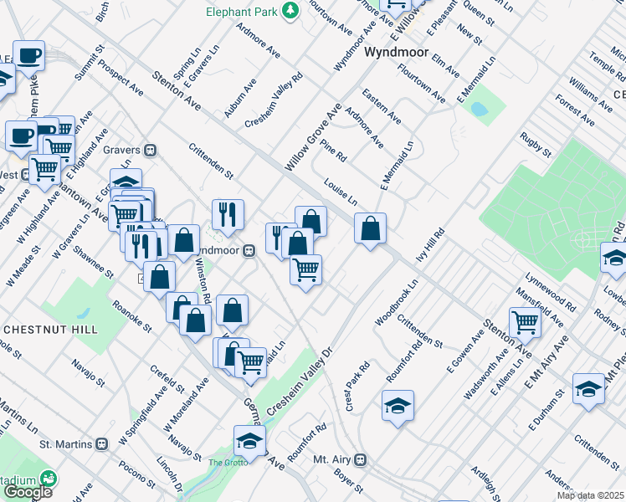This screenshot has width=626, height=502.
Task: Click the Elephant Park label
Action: (242, 12)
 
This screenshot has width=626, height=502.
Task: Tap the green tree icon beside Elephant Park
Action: (290, 11)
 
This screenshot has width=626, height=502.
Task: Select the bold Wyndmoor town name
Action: (398, 52)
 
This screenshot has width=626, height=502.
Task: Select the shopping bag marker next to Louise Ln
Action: (370, 228)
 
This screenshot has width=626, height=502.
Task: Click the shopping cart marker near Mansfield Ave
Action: (525, 320)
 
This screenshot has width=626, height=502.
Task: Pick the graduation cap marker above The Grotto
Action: (249, 439)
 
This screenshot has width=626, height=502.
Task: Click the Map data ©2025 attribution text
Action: (591, 495)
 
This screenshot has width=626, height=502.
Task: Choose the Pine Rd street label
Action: (333, 151)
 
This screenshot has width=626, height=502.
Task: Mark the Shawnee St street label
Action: (92, 261)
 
